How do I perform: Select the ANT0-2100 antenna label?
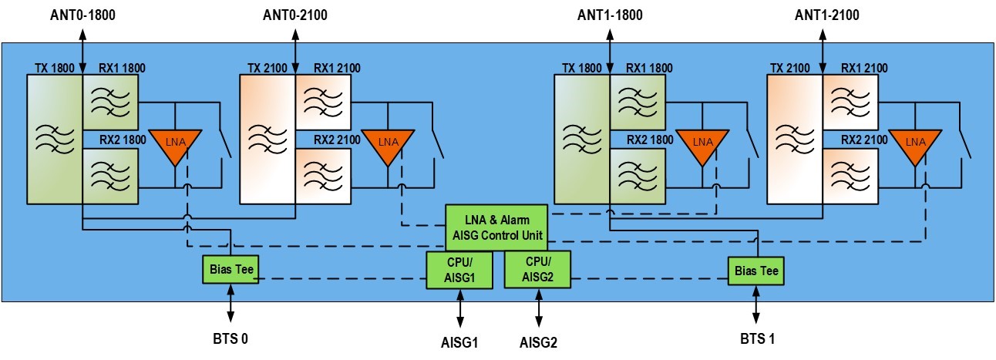click(x=296, y=13)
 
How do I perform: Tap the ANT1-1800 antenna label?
click(x=610, y=13)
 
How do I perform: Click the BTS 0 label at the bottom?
click(x=230, y=337)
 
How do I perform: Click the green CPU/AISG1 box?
click(x=459, y=270)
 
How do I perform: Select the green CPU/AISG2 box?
click(x=537, y=270)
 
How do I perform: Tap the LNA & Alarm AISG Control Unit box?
click(x=497, y=227)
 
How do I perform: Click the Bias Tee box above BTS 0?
click(x=230, y=270)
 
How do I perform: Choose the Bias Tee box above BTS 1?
click(x=755, y=271)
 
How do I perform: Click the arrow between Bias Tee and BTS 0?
click(x=230, y=305)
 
